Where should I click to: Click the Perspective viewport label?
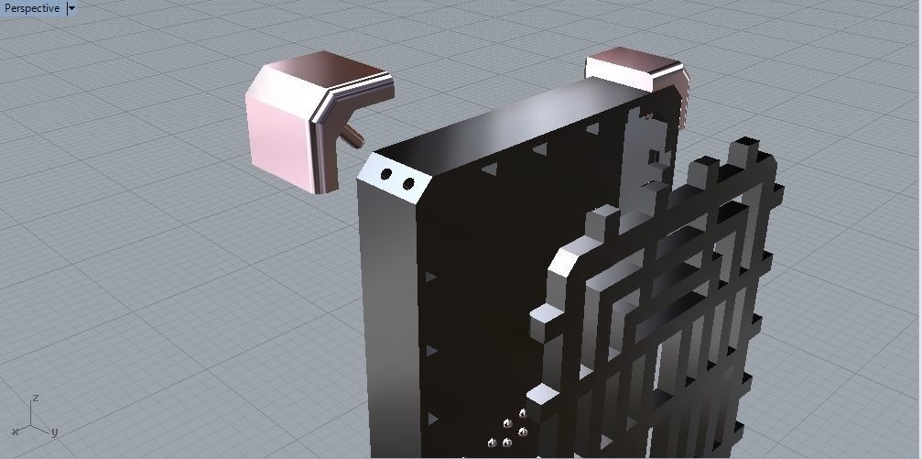pos(32,8)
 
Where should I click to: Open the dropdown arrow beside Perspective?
pos(71,8)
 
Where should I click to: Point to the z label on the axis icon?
pos(34,399)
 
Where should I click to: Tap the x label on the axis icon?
pos(15,432)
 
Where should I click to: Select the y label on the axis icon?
pos(54,432)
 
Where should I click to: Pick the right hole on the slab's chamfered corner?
pos(407,184)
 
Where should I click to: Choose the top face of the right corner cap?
pos(632,65)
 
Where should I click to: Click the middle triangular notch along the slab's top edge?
pos(541,148)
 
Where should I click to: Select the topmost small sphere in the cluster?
pos(523,413)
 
